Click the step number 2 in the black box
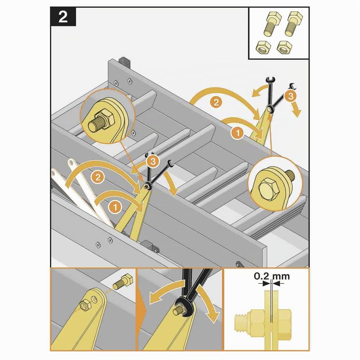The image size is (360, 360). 63,17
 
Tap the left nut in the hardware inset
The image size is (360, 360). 263,47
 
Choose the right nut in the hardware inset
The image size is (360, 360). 284,47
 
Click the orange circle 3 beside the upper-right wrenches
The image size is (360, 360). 291,96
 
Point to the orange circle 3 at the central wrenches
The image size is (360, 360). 153,161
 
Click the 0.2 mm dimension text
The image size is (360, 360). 272,276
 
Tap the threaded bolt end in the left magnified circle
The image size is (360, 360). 96,124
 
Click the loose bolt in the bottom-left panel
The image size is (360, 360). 123,282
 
